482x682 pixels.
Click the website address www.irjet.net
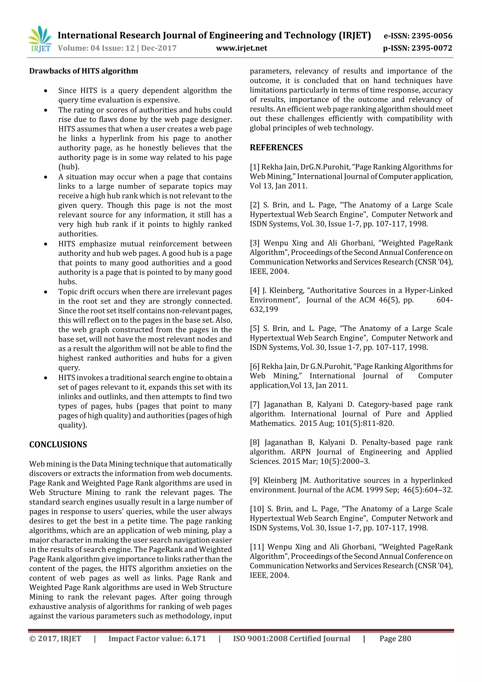click(241, 48)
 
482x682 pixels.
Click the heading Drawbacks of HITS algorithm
click(84, 71)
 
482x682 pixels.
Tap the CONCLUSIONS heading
click(58, 445)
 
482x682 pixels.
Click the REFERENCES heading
click(276, 148)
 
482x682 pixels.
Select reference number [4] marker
click(254, 291)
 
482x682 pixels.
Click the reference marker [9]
click(254, 480)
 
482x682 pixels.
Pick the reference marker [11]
click(257, 547)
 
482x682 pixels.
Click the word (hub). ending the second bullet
click(69, 167)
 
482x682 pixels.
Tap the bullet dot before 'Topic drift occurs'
click(45, 292)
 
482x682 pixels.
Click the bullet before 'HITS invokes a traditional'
click(45, 378)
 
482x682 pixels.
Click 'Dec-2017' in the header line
click(159, 48)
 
